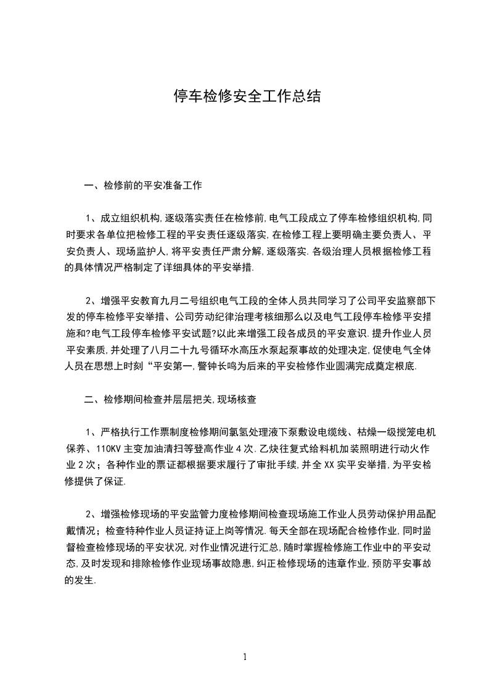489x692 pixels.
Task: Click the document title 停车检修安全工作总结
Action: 245,97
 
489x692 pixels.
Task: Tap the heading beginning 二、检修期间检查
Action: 170,399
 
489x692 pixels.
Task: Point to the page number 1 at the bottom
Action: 245,656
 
